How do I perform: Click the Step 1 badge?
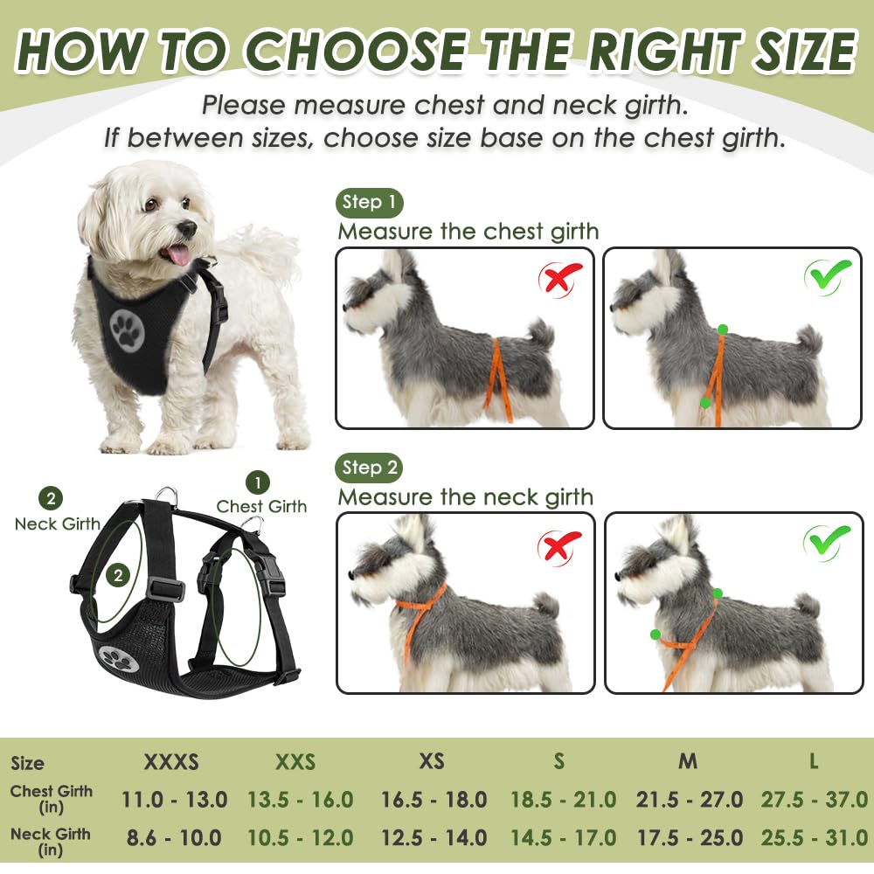click(x=369, y=203)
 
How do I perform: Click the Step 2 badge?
click(x=369, y=468)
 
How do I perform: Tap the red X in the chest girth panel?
click(x=559, y=280)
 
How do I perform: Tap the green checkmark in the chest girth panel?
click(x=827, y=277)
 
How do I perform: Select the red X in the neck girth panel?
click(x=559, y=546)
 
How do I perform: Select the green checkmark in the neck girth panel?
click(x=827, y=543)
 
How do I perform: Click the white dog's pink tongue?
click(x=177, y=254)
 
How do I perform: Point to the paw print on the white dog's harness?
click(x=128, y=329)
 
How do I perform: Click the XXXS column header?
click(x=171, y=761)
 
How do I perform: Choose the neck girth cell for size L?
click(x=813, y=837)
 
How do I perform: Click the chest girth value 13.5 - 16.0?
click(x=301, y=799)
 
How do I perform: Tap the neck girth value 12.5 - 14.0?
click(x=434, y=837)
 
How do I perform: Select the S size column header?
click(x=559, y=761)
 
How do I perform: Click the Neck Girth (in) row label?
click(x=50, y=841)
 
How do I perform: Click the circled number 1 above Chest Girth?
click(x=257, y=482)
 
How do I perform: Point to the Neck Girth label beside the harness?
click(x=57, y=524)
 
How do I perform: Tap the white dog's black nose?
click(x=187, y=229)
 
